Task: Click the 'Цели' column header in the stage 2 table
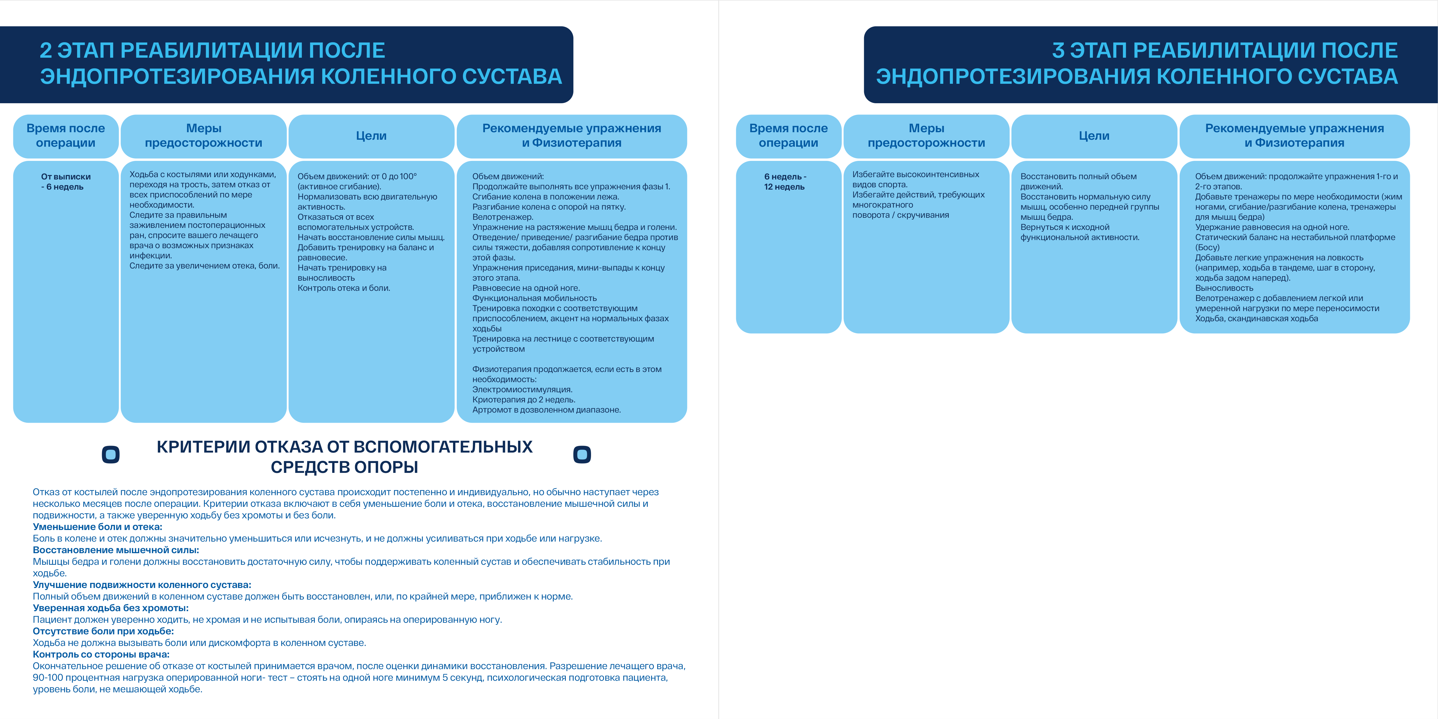(371, 136)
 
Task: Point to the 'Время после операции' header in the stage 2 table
(66, 136)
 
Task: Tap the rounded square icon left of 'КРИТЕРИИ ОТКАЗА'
(110, 454)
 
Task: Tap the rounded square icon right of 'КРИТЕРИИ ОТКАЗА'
(582, 454)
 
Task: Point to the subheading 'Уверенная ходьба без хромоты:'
(110, 608)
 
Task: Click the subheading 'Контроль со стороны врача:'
(101, 654)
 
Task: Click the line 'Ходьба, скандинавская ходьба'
(1256, 319)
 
